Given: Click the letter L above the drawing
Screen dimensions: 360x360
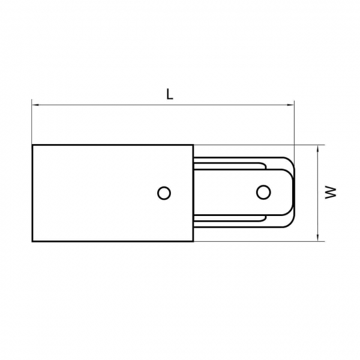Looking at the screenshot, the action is point(169,94).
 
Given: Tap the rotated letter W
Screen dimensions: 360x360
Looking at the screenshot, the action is point(331,193).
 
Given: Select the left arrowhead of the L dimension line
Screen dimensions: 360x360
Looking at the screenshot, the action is point(35,105).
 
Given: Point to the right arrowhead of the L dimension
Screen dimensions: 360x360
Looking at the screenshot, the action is point(290,105).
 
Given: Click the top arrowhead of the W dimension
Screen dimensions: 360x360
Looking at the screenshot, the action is point(318,149).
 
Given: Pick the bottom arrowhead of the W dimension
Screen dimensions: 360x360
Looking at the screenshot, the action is point(318,238).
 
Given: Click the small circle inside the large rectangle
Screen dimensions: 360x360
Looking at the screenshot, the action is point(164,193).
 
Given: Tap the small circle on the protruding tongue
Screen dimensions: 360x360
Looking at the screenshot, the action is point(263,192).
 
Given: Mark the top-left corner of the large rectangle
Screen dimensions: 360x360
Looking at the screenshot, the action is point(32,145).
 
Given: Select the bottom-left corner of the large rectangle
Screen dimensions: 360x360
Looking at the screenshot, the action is point(32,241).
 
